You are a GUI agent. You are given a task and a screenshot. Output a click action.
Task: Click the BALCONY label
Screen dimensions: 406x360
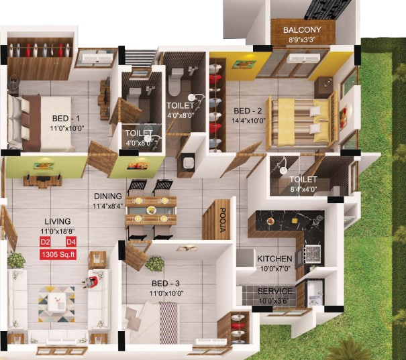pyautogui.click(x=302, y=29)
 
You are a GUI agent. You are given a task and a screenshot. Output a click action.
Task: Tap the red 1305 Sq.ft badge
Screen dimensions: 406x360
pyautogui.click(x=58, y=255)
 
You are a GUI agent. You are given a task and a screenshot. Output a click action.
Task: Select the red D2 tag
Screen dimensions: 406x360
pyautogui.click(x=46, y=242)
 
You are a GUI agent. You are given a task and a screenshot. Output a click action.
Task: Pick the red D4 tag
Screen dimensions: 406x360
pyautogui.click(x=71, y=242)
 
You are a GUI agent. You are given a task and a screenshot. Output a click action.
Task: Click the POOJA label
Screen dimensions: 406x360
pyautogui.click(x=223, y=220)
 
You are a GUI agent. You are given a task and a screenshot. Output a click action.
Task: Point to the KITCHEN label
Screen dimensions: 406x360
pyautogui.click(x=274, y=259)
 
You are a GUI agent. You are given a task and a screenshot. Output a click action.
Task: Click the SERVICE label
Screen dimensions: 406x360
pyautogui.click(x=274, y=291)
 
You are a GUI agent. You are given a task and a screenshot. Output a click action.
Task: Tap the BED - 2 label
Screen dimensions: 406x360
pyautogui.click(x=248, y=111)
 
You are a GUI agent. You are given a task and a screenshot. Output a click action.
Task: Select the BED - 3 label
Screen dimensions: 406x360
pyautogui.click(x=166, y=284)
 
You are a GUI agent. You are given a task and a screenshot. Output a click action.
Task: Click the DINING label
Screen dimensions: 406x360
pyautogui.click(x=108, y=196)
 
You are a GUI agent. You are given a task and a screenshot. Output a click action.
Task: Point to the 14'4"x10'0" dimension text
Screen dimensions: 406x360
pyautogui.click(x=248, y=121)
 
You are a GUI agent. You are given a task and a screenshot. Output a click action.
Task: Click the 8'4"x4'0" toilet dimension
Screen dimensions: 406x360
pyautogui.click(x=303, y=189)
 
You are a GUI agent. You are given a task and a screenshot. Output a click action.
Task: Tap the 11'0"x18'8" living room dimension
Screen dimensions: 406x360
pyautogui.click(x=58, y=231)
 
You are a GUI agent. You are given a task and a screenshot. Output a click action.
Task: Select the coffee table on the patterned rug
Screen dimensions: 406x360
pyautogui.click(x=56, y=302)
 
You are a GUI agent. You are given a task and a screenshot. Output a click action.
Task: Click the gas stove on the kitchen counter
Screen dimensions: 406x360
pyautogui.click(x=313, y=252)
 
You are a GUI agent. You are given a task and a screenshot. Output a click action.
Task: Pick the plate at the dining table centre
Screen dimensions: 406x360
pyautogui.click(x=151, y=210)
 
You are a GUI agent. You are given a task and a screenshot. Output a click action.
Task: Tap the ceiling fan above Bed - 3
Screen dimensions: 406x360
pyautogui.click(x=187, y=248)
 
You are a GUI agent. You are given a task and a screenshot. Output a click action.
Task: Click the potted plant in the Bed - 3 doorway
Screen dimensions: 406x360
pyautogui.click(x=154, y=264)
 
